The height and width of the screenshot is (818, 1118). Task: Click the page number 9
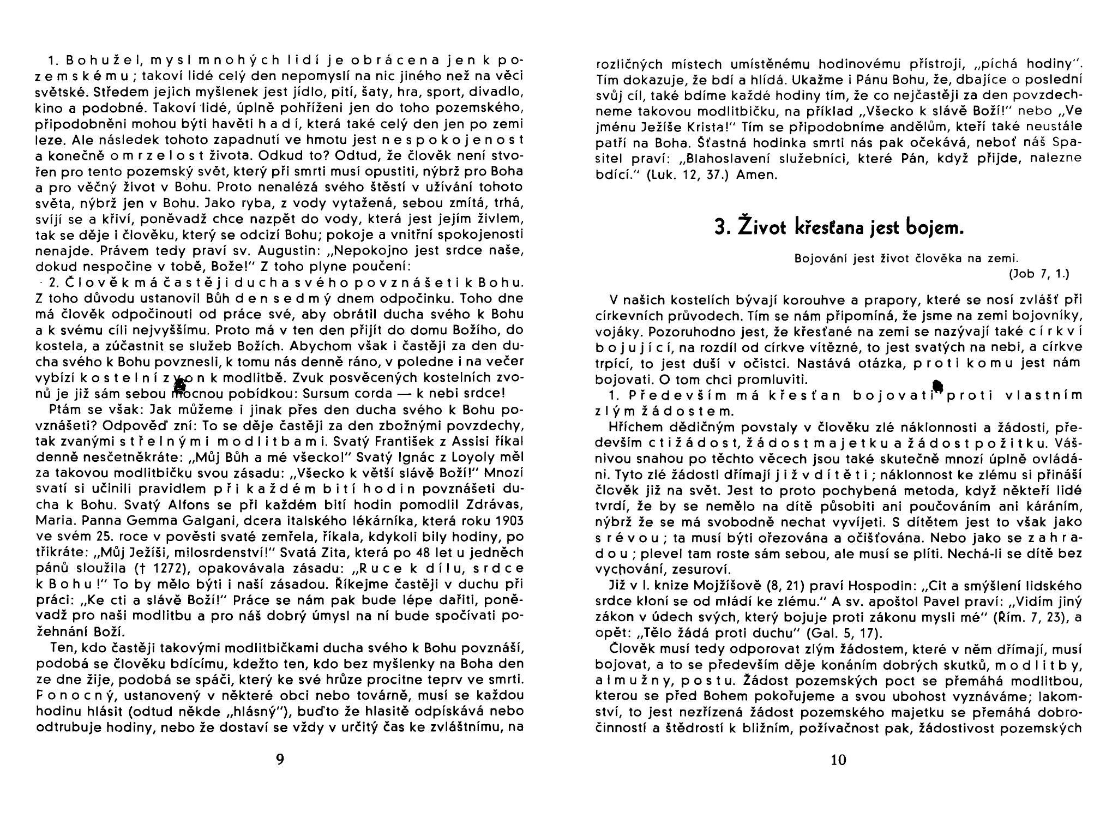click(x=280, y=759)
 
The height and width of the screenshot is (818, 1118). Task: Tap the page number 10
click(x=838, y=759)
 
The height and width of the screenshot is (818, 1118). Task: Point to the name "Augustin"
click(x=277, y=251)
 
